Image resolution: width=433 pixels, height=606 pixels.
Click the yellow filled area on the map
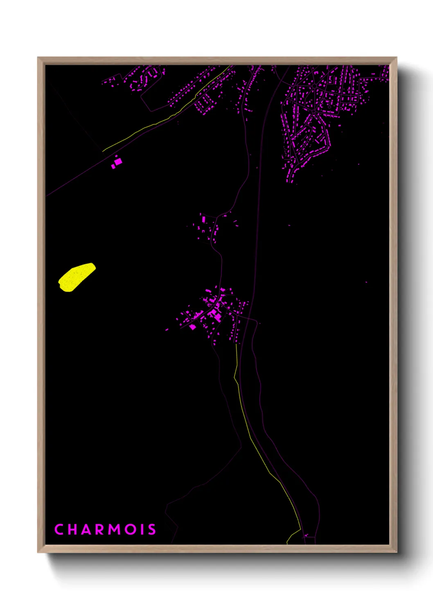(77, 277)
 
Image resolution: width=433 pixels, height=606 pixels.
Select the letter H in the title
(73, 529)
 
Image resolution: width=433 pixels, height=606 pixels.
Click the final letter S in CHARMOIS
(152, 529)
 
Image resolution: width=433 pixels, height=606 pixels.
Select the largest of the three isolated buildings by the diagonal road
(118, 161)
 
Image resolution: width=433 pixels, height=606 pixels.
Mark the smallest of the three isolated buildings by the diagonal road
(116, 156)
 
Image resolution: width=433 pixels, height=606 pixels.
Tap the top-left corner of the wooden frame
(38, 58)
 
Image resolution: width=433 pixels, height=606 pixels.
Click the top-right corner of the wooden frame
(396, 58)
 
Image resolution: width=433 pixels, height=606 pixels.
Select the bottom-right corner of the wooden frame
(396, 552)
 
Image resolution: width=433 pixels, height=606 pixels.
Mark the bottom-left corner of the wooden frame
(38, 552)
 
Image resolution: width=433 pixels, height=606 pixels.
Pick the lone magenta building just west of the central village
(167, 330)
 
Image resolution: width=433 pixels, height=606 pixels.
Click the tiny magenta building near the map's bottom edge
(305, 535)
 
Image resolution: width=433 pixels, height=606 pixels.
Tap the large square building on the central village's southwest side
(192, 327)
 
